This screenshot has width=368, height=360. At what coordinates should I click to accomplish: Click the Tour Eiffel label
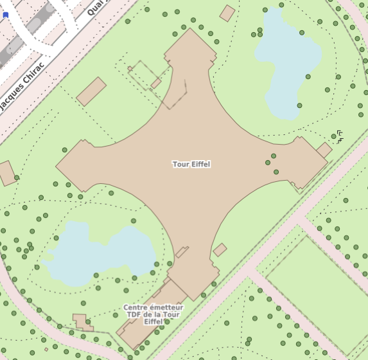[x=191, y=165]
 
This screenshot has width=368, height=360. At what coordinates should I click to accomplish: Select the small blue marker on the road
[x=6, y=15]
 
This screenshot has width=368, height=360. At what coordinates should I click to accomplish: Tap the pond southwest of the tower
[x=96, y=253]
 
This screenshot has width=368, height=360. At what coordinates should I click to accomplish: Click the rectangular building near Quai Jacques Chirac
[x=91, y=91]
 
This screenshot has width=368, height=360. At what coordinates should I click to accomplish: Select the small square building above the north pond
[x=227, y=13]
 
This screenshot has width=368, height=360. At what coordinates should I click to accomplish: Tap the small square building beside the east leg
[x=324, y=150]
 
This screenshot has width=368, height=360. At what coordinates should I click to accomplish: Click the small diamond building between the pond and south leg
[x=220, y=249]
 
